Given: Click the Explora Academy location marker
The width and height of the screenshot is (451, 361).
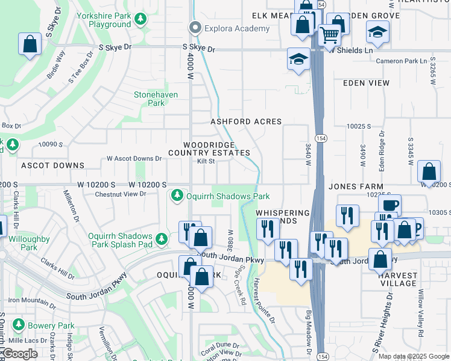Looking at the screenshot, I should pyautogui.click(x=194, y=28).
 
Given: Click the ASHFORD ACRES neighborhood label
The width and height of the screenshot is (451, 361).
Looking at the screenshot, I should pyautogui.click(x=246, y=122).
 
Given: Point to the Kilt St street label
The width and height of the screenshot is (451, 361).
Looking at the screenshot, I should pyautogui.click(x=206, y=161).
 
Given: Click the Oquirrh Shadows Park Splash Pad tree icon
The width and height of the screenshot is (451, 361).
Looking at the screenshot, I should pyautogui.click(x=162, y=239).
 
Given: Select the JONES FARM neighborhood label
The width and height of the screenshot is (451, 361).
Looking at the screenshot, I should pyautogui.click(x=356, y=187).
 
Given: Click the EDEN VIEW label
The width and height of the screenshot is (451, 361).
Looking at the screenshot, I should pyautogui.click(x=366, y=83).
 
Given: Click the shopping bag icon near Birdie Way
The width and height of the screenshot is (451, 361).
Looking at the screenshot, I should pyautogui.click(x=29, y=44).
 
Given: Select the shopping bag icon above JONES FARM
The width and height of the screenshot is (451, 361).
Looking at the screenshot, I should pyautogui.click(x=429, y=171).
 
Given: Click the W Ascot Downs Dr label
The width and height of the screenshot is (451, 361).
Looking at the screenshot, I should pyautogui.click(x=134, y=159).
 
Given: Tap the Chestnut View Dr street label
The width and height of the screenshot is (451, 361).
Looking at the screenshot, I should pyautogui.click(x=121, y=194).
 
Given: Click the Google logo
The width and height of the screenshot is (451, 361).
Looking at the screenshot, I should pyautogui.click(x=20, y=354).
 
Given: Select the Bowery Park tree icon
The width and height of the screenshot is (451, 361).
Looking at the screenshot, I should pyautogui.click(x=18, y=326).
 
